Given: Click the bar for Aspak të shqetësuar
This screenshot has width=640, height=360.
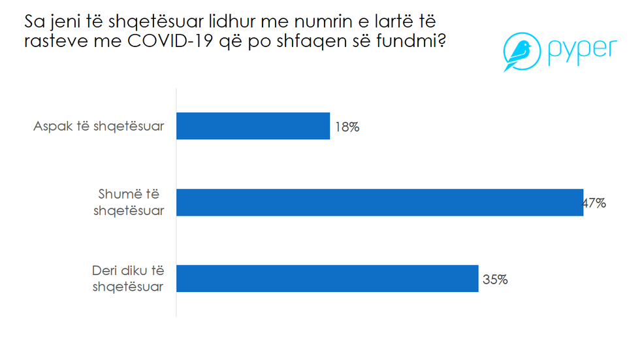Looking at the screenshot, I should (x=253, y=126).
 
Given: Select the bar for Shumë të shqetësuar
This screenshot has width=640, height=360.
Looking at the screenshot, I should (x=379, y=203).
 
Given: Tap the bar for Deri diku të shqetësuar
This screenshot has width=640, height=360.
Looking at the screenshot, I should (x=327, y=278).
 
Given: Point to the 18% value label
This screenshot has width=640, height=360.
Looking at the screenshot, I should (x=347, y=127).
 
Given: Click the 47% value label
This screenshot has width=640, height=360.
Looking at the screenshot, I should (x=595, y=203).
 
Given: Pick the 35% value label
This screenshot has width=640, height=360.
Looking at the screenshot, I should (x=495, y=280).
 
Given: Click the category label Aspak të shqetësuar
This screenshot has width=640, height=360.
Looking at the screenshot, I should (x=99, y=127).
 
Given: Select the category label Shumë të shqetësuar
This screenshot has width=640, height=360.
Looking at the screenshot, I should (x=129, y=203).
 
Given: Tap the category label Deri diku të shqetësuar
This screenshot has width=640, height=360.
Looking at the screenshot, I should (x=127, y=279).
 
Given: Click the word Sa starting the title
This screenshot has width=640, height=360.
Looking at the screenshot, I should (x=33, y=22).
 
